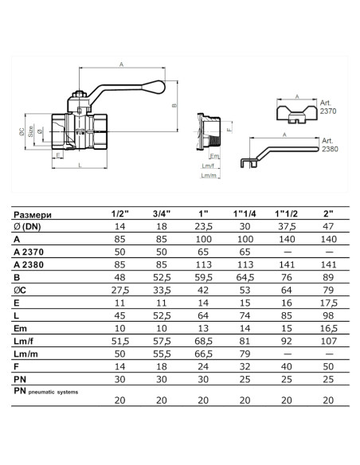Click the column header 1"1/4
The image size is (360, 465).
coord(245,213)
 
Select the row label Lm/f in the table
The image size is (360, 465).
coord(23,342)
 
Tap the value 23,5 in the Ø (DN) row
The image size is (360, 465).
coord(204,227)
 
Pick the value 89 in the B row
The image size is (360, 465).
coord(328,277)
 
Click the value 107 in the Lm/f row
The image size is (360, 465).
coord(329,341)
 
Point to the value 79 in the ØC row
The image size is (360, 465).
coord(328,290)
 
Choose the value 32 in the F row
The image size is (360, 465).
coord(245,366)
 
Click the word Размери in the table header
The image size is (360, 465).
coord(33,215)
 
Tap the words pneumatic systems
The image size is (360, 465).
coord(53,392)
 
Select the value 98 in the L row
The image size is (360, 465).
coord(328,315)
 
